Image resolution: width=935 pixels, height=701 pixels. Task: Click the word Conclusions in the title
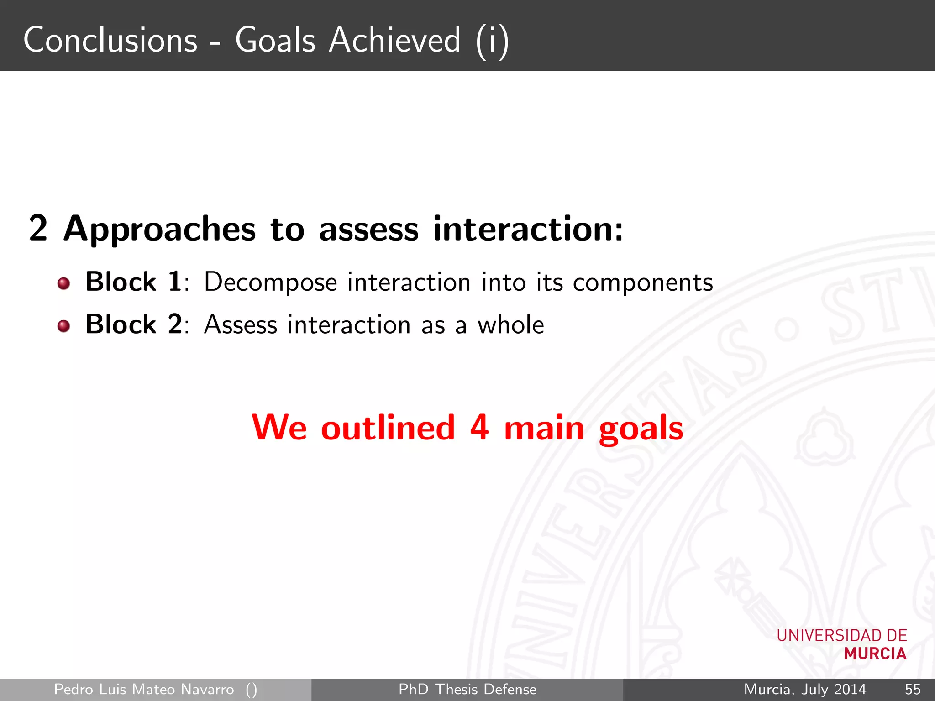pyautogui.click(x=110, y=40)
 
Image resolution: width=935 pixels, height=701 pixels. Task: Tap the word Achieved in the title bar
pyautogui.click(x=395, y=40)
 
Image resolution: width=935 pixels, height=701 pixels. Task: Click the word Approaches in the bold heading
pyautogui.click(x=159, y=229)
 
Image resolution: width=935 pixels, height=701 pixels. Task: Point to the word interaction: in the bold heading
pyautogui.click(x=528, y=229)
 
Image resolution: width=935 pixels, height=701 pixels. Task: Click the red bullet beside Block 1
pyautogui.click(x=64, y=284)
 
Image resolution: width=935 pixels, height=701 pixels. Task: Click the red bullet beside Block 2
pyautogui.click(x=64, y=326)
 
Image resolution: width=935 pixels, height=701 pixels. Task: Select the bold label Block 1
pyautogui.click(x=134, y=282)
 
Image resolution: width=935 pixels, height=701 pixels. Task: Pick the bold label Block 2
pyautogui.click(x=134, y=324)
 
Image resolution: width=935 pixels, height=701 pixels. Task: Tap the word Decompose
pyautogui.click(x=270, y=282)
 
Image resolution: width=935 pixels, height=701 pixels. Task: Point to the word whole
pyautogui.click(x=510, y=325)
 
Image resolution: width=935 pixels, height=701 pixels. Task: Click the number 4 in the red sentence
pyautogui.click(x=479, y=428)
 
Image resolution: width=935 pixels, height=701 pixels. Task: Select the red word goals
pyautogui.click(x=641, y=429)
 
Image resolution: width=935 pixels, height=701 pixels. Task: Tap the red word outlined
pyautogui.click(x=388, y=428)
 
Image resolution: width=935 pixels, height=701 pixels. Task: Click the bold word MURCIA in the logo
pyautogui.click(x=875, y=654)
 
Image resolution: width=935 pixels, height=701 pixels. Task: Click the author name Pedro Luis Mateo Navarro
pyautogui.click(x=144, y=689)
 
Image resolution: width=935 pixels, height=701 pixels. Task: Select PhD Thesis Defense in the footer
pyautogui.click(x=467, y=689)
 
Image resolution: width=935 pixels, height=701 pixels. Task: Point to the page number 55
pyautogui.click(x=913, y=689)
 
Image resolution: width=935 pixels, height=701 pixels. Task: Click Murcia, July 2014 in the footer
pyautogui.click(x=805, y=689)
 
